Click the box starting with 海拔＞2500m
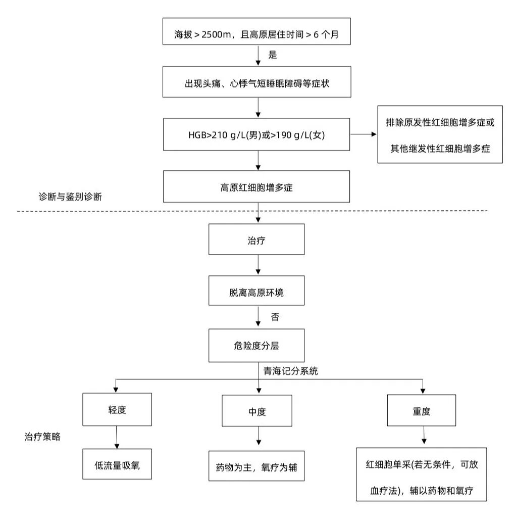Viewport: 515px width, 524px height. (256, 35)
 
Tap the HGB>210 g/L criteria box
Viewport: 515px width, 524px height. (256, 134)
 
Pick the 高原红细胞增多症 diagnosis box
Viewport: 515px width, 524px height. (256, 187)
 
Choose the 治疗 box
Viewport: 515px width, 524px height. (256, 240)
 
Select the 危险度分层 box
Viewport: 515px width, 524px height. (256, 345)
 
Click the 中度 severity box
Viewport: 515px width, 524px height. (257, 411)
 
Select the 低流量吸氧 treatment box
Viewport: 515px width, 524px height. (117, 464)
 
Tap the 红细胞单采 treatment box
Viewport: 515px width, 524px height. (421, 474)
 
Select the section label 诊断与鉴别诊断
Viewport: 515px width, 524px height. (70, 197)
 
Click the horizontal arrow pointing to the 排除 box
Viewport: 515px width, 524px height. (364, 135)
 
